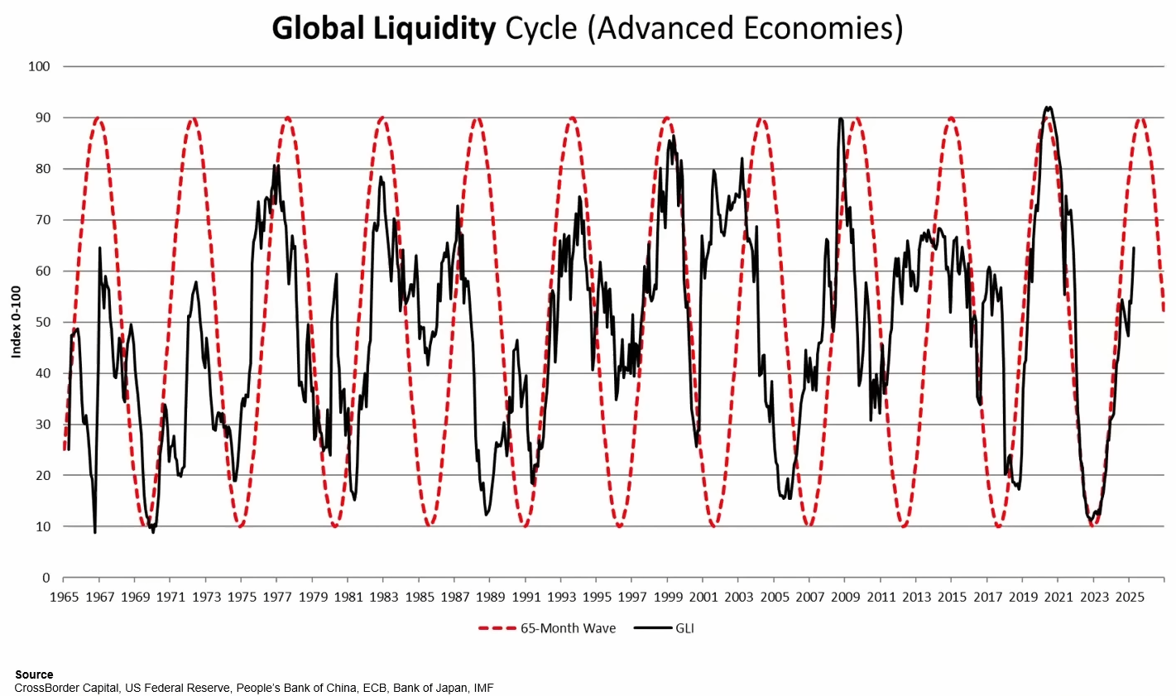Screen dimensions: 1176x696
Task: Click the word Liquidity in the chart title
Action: tap(434, 28)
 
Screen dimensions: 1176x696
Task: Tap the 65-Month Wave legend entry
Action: tap(547, 628)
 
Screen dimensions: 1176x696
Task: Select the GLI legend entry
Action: tap(664, 628)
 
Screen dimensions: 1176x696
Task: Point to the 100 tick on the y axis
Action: tap(40, 67)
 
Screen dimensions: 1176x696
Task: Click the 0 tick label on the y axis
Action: tap(46, 578)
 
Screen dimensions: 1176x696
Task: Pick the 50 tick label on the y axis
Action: tap(43, 322)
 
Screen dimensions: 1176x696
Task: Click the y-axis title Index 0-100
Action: tap(17, 322)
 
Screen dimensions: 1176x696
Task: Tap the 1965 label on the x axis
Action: tap(64, 598)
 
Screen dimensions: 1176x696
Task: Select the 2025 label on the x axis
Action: tap(1130, 598)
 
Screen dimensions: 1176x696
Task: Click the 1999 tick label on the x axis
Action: tap(667, 598)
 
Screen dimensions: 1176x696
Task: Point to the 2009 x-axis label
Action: tap(845, 598)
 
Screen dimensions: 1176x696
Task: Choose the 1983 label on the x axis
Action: tap(383, 598)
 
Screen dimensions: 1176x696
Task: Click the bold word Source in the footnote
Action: tap(34, 674)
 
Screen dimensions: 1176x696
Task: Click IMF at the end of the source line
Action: tap(483, 688)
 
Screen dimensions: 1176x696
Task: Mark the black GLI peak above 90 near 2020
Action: tap(1049, 108)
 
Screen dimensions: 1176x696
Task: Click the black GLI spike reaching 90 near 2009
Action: tap(841, 119)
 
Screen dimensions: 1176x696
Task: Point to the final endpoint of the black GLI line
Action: tap(1134, 247)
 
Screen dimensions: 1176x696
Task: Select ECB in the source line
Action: tap(374, 688)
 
